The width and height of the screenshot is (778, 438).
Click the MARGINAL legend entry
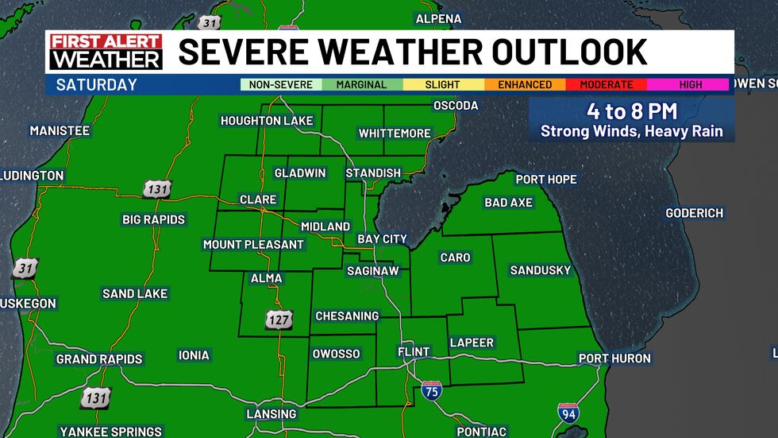click(x=362, y=84)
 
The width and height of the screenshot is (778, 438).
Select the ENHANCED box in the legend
click(x=525, y=84)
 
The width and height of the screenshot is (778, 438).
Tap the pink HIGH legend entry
click(x=690, y=84)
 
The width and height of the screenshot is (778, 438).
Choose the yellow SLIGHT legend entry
click(x=443, y=84)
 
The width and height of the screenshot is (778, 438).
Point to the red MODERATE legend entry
click(x=607, y=84)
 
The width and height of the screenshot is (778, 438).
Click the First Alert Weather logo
click(x=105, y=52)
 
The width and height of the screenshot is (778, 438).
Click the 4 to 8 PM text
click(x=632, y=111)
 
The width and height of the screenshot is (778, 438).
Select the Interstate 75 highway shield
click(x=432, y=390)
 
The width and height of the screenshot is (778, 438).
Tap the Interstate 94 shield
click(x=568, y=413)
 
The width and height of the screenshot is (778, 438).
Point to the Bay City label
click(x=382, y=238)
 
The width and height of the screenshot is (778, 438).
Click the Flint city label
click(x=414, y=351)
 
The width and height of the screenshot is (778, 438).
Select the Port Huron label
click(x=614, y=359)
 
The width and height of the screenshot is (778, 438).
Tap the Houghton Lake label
click(x=267, y=121)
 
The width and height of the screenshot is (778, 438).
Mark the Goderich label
click(x=695, y=213)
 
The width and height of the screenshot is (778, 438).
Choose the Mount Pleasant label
click(x=253, y=244)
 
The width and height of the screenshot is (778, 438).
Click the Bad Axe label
click(x=508, y=203)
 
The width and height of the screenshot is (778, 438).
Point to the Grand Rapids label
click(x=99, y=359)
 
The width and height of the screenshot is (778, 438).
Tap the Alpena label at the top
click(x=439, y=18)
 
